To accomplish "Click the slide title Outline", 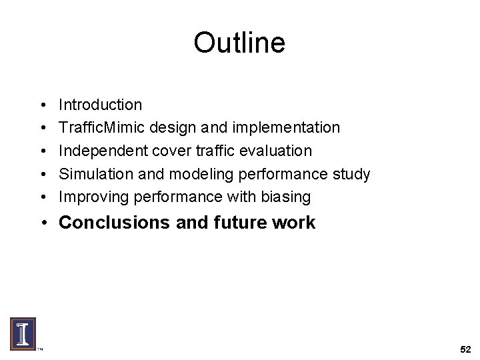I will click(239, 43).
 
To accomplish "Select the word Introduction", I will click(100, 105).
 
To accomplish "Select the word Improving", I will click(94, 197).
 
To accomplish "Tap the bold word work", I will click(294, 223).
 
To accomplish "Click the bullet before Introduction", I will click(41, 105).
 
